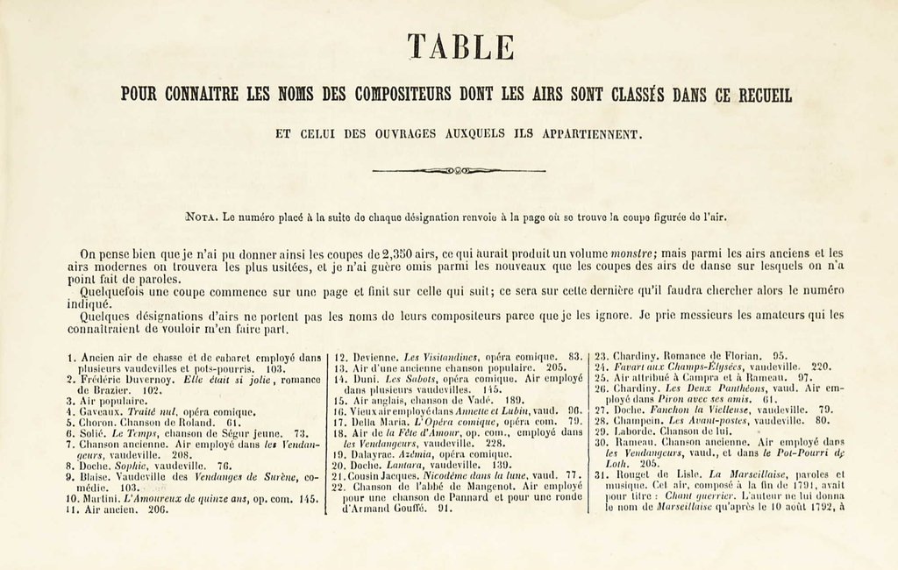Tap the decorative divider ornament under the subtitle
[x=459, y=170]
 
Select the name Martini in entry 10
[x=99, y=498]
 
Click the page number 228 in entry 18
[x=495, y=443]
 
